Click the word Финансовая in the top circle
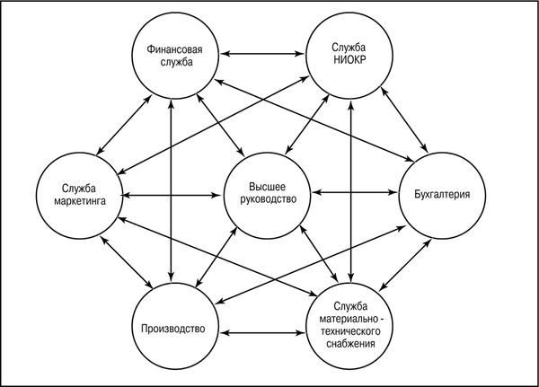pyautogui.click(x=174, y=50)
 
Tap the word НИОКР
pyautogui.click(x=349, y=60)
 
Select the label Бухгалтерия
pyautogui.click(x=442, y=195)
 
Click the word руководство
pyautogui.click(x=268, y=199)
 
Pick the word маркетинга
pyautogui.click(x=80, y=201)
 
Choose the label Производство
pyautogui.click(x=173, y=329)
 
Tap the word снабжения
pyautogui.click(x=350, y=344)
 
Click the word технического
pyautogui.click(x=350, y=331)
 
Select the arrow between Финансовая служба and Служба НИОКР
pyautogui.click(x=262, y=54)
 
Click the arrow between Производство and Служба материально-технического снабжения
pyautogui.click(x=262, y=333)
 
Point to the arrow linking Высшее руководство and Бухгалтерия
pyautogui.click(x=355, y=192)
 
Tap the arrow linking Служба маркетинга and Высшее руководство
pyautogui.click(x=172, y=196)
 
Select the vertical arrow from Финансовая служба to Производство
pyautogui.click(x=171, y=190)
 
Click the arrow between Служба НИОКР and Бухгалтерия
pyautogui.click(x=404, y=120)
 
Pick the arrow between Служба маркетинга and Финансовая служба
pyautogui.click(x=124, y=125)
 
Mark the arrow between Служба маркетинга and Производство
pyautogui.click(x=126, y=262)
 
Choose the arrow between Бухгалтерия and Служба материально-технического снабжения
pyautogui.click(x=406, y=265)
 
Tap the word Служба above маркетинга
pyautogui.click(x=79, y=189)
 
